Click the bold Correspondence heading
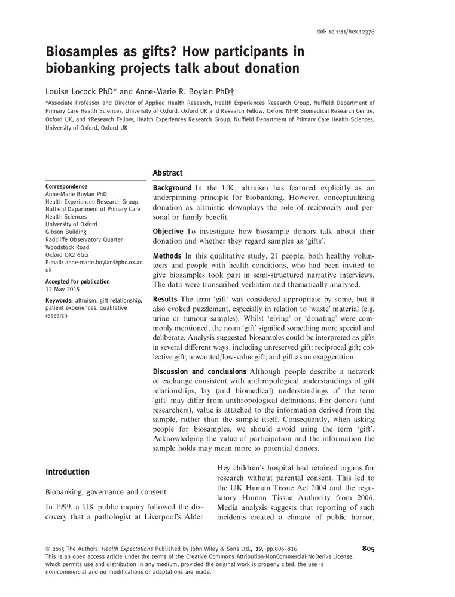pyautogui.click(x=66, y=186)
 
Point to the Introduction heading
pyautogui.click(x=68, y=472)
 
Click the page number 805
pyautogui.click(x=368, y=549)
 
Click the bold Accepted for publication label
pyautogui.click(x=78, y=281)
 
